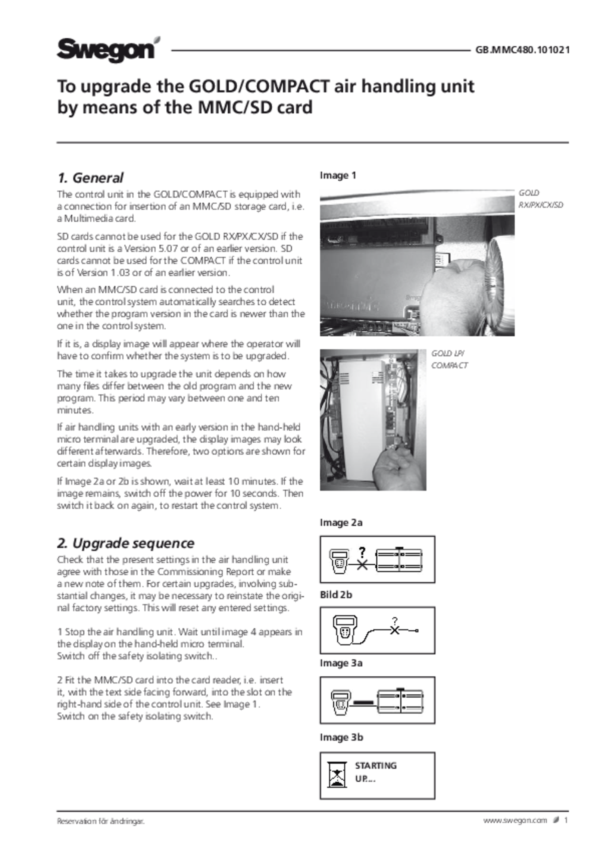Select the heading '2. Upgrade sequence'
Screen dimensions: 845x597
click(126, 543)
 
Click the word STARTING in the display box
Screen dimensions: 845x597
click(376, 766)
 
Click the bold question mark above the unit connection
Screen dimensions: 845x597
click(362, 552)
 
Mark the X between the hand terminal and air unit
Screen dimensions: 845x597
click(362, 565)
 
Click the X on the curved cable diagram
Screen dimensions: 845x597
click(394, 630)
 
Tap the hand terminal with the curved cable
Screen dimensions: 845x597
click(345, 630)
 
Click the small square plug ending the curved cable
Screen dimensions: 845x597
click(417, 631)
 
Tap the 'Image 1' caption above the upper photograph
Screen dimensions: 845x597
click(337, 176)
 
